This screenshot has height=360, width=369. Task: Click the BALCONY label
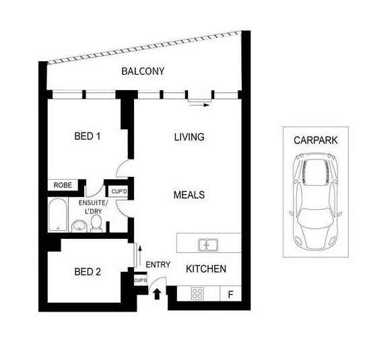click(142, 71)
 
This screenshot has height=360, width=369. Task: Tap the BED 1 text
click(87, 137)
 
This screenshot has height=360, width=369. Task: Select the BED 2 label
click(87, 272)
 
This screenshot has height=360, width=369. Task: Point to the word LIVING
click(189, 137)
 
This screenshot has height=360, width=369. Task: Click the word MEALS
click(189, 195)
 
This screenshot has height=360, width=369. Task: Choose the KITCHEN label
click(206, 269)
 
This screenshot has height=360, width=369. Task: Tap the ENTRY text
click(158, 264)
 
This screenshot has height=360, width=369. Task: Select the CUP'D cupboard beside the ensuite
click(120, 192)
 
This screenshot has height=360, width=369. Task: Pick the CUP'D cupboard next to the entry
click(141, 280)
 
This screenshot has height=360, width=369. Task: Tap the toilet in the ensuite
click(96, 223)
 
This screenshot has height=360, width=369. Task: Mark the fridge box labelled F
click(231, 294)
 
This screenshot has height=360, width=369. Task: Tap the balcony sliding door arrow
click(200, 104)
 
